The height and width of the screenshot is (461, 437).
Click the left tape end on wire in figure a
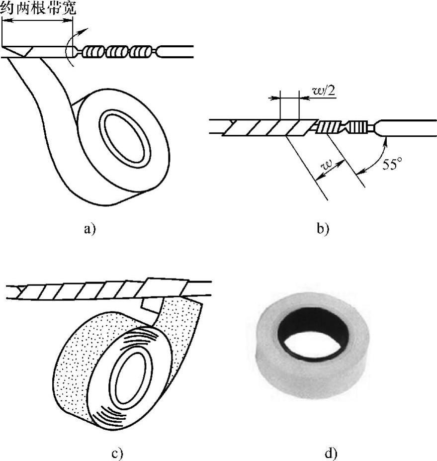[x=20, y=51]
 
